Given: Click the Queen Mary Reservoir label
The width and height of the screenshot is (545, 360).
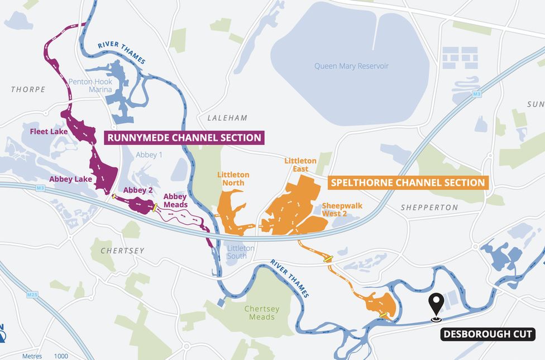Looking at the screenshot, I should (351, 66).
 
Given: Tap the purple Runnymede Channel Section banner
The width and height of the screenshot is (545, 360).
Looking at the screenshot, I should (184, 137).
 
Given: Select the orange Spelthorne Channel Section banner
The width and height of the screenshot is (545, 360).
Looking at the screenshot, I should (408, 183).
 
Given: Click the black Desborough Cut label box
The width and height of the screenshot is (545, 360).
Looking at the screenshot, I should (488, 335).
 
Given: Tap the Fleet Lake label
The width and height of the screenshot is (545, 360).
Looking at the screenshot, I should (49, 132).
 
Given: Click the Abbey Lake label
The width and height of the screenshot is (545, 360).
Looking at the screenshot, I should (70, 179).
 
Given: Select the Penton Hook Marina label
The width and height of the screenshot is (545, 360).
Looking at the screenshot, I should (90, 86).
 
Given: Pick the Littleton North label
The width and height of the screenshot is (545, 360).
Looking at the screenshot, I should (233, 179).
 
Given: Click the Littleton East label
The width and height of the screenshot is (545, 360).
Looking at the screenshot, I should (300, 165).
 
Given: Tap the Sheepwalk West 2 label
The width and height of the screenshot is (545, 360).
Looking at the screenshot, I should (342, 209).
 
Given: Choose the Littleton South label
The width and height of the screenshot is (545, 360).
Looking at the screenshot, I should (241, 252).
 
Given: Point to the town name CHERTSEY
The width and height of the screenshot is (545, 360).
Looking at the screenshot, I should (122, 251).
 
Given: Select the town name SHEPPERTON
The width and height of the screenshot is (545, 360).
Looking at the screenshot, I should (429, 208).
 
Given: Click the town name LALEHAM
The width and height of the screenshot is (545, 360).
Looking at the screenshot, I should (227, 118).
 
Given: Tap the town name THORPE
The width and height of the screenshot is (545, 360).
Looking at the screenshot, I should (28, 89).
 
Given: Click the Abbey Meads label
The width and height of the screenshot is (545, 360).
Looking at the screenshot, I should (175, 200).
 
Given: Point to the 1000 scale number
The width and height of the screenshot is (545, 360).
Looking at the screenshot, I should (61, 356).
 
